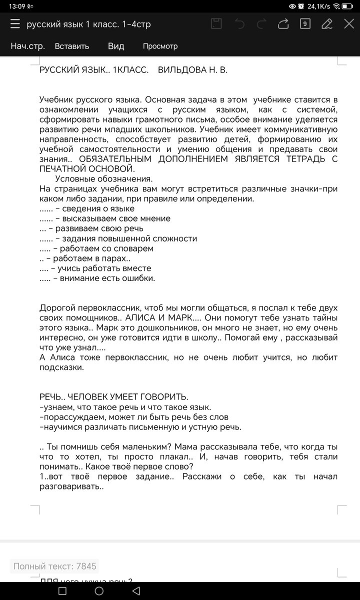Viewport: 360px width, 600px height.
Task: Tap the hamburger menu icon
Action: [x=15, y=24]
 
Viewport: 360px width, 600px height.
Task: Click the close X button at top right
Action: [x=348, y=23]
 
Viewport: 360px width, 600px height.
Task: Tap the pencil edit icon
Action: [x=327, y=23]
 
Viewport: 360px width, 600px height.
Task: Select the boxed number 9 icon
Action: [x=305, y=23]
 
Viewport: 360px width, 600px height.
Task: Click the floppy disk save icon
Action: [x=216, y=23]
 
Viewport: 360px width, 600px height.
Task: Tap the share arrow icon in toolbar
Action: [x=283, y=23]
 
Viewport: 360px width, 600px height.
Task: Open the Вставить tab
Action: [x=72, y=46]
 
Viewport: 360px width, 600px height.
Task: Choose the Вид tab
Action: [x=116, y=46]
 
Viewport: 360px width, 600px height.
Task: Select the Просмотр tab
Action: [x=160, y=46]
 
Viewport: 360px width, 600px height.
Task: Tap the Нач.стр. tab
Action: [x=28, y=46]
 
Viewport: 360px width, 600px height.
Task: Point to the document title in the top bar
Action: [x=88, y=24]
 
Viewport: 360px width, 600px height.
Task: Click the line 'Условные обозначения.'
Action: [x=104, y=178]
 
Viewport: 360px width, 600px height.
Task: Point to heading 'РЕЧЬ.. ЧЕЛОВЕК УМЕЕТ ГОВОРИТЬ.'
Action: [x=114, y=397]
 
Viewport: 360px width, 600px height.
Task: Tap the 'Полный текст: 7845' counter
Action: [x=54, y=566]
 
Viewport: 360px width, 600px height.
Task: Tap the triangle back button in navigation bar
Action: [x=136, y=591]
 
